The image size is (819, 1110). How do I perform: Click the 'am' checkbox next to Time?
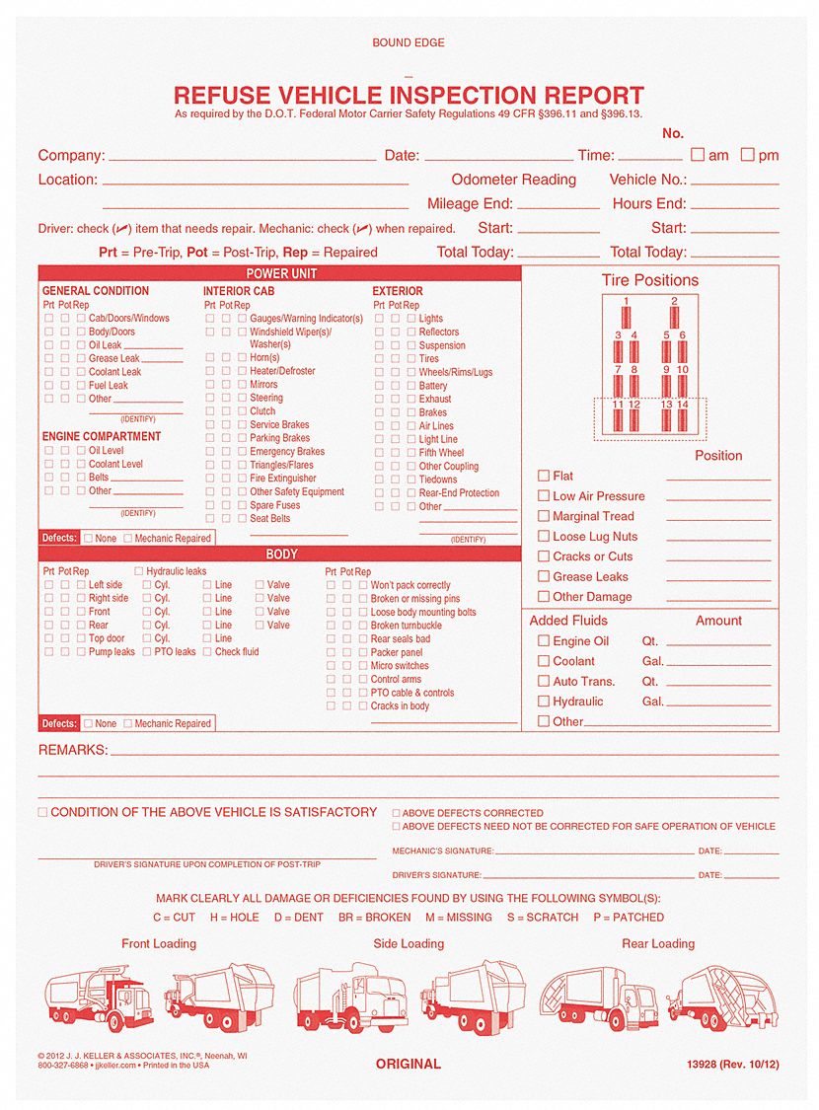pos(697,155)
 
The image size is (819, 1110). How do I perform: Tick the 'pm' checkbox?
pos(747,155)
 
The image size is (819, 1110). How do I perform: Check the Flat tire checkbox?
pos(543,476)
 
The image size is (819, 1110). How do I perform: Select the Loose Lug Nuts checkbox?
pos(543,536)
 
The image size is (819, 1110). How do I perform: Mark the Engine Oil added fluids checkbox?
pos(543,640)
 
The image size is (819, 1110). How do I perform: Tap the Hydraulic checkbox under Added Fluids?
pos(543,701)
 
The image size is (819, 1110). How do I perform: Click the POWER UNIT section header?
pos(281,273)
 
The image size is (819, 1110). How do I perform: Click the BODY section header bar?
pos(281,555)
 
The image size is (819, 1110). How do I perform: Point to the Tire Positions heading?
pos(649,280)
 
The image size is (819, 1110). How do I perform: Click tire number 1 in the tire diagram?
pos(626,315)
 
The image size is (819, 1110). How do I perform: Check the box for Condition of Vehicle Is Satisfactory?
pos(42,812)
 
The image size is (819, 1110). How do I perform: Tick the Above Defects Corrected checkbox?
pos(397,814)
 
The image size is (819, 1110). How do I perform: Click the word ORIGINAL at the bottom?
pos(408,1064)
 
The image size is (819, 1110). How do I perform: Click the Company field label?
pos(71,155)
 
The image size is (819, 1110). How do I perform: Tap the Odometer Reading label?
pos(513,180)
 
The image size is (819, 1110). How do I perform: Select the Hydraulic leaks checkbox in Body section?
pos(139,571)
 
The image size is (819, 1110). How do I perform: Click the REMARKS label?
pos(72,750)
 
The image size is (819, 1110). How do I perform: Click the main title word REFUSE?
pos(222,96)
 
